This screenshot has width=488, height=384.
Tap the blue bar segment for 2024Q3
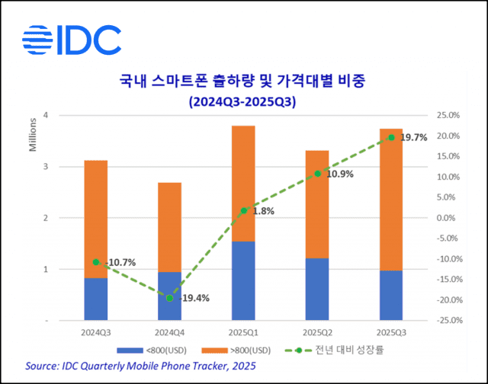point(95,299)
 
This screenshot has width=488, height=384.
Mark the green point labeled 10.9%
point(318,174)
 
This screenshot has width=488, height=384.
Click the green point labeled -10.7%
point(96,262)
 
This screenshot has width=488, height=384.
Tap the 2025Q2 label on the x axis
point(317,333)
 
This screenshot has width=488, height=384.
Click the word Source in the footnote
point(43,366)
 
